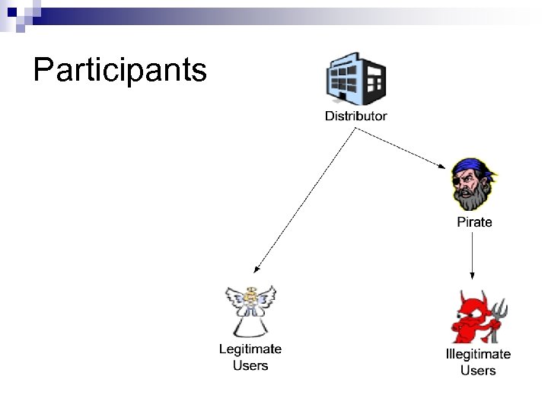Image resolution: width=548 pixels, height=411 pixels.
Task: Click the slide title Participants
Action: point(120,70)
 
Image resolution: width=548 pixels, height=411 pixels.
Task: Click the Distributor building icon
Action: point(355,80)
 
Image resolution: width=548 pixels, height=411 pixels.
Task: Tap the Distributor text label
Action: point(355,116)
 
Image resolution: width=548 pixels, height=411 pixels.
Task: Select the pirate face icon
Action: point(473,185)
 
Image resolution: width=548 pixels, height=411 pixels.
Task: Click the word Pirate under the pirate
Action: point(474,222)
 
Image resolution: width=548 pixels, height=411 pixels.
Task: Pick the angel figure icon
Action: point(250,311)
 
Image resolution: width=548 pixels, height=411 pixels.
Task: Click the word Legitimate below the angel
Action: point(250,349)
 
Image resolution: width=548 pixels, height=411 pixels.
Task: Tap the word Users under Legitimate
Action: point(250,365)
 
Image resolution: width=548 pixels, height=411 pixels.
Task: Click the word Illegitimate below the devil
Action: point(478,354)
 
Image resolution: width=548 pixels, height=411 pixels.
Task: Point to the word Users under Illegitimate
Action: point(478,371)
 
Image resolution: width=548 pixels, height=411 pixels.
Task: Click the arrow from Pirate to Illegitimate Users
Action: point(473,255)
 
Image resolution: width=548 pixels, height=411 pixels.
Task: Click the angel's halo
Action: point(250,290)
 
